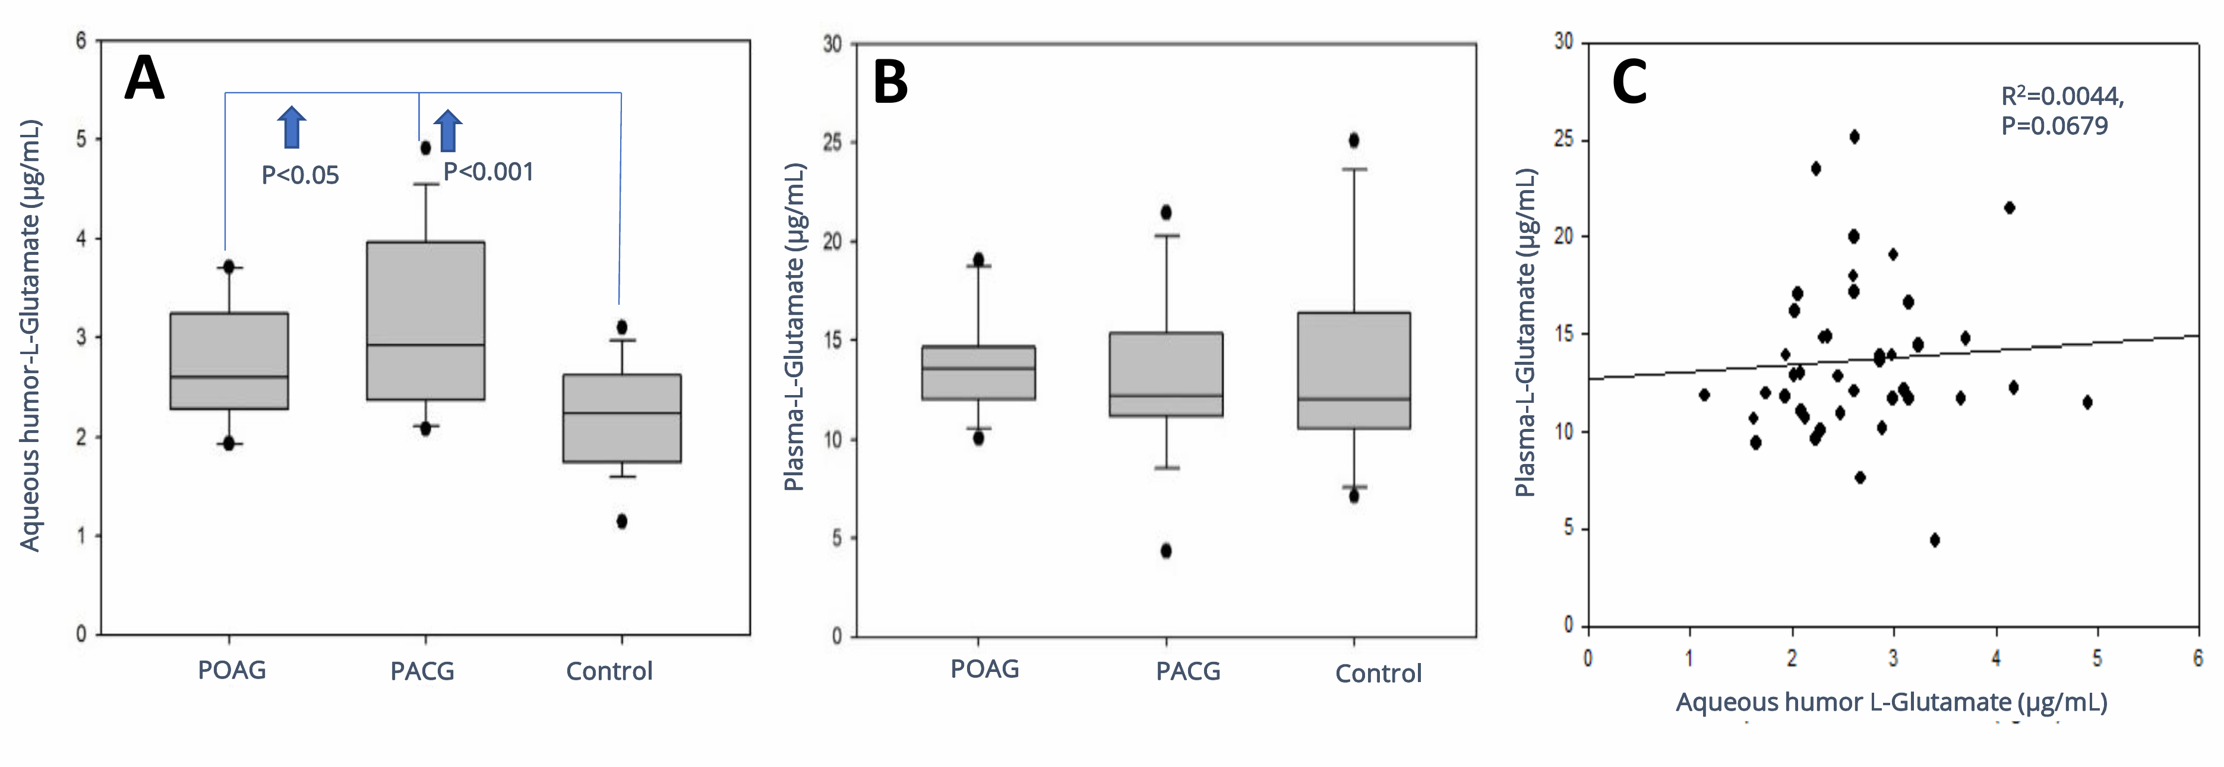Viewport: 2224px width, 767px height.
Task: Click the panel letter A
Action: [x=144, y=78]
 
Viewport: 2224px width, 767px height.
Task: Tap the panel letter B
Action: [x=890, y=83]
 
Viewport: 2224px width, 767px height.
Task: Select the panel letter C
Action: [x=1629, y=83]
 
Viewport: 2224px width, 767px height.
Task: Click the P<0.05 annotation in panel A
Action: [x=301, y=175]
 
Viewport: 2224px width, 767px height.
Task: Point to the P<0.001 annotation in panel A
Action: [x=489, y=172]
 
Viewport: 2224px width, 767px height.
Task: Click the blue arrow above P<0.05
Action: [x=292, y=127]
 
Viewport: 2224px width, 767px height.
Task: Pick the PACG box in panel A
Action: [x=426, y=320]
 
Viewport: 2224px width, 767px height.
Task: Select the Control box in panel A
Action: [x=621, y=418]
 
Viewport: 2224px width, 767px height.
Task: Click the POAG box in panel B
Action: [x=978, y=373]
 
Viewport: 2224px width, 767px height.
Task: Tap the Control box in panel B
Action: [x=1354, y=371]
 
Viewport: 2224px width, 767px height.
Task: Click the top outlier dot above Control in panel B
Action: [x=1354, y=140]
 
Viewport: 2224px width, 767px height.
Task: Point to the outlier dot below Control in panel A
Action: [x=621, y=521]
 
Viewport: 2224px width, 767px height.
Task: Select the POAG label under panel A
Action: [x=232, y=670]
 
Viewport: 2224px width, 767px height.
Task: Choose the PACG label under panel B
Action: [x=1188, y=671]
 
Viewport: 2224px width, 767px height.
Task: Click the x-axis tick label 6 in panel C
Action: [x=2197, y=658]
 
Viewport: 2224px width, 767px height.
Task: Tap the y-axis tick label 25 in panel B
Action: [x=832, y=143]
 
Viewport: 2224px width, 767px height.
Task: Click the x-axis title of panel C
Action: [x=1891, y=702]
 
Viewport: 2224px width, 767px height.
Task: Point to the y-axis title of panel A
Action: [x=30, y=335]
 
